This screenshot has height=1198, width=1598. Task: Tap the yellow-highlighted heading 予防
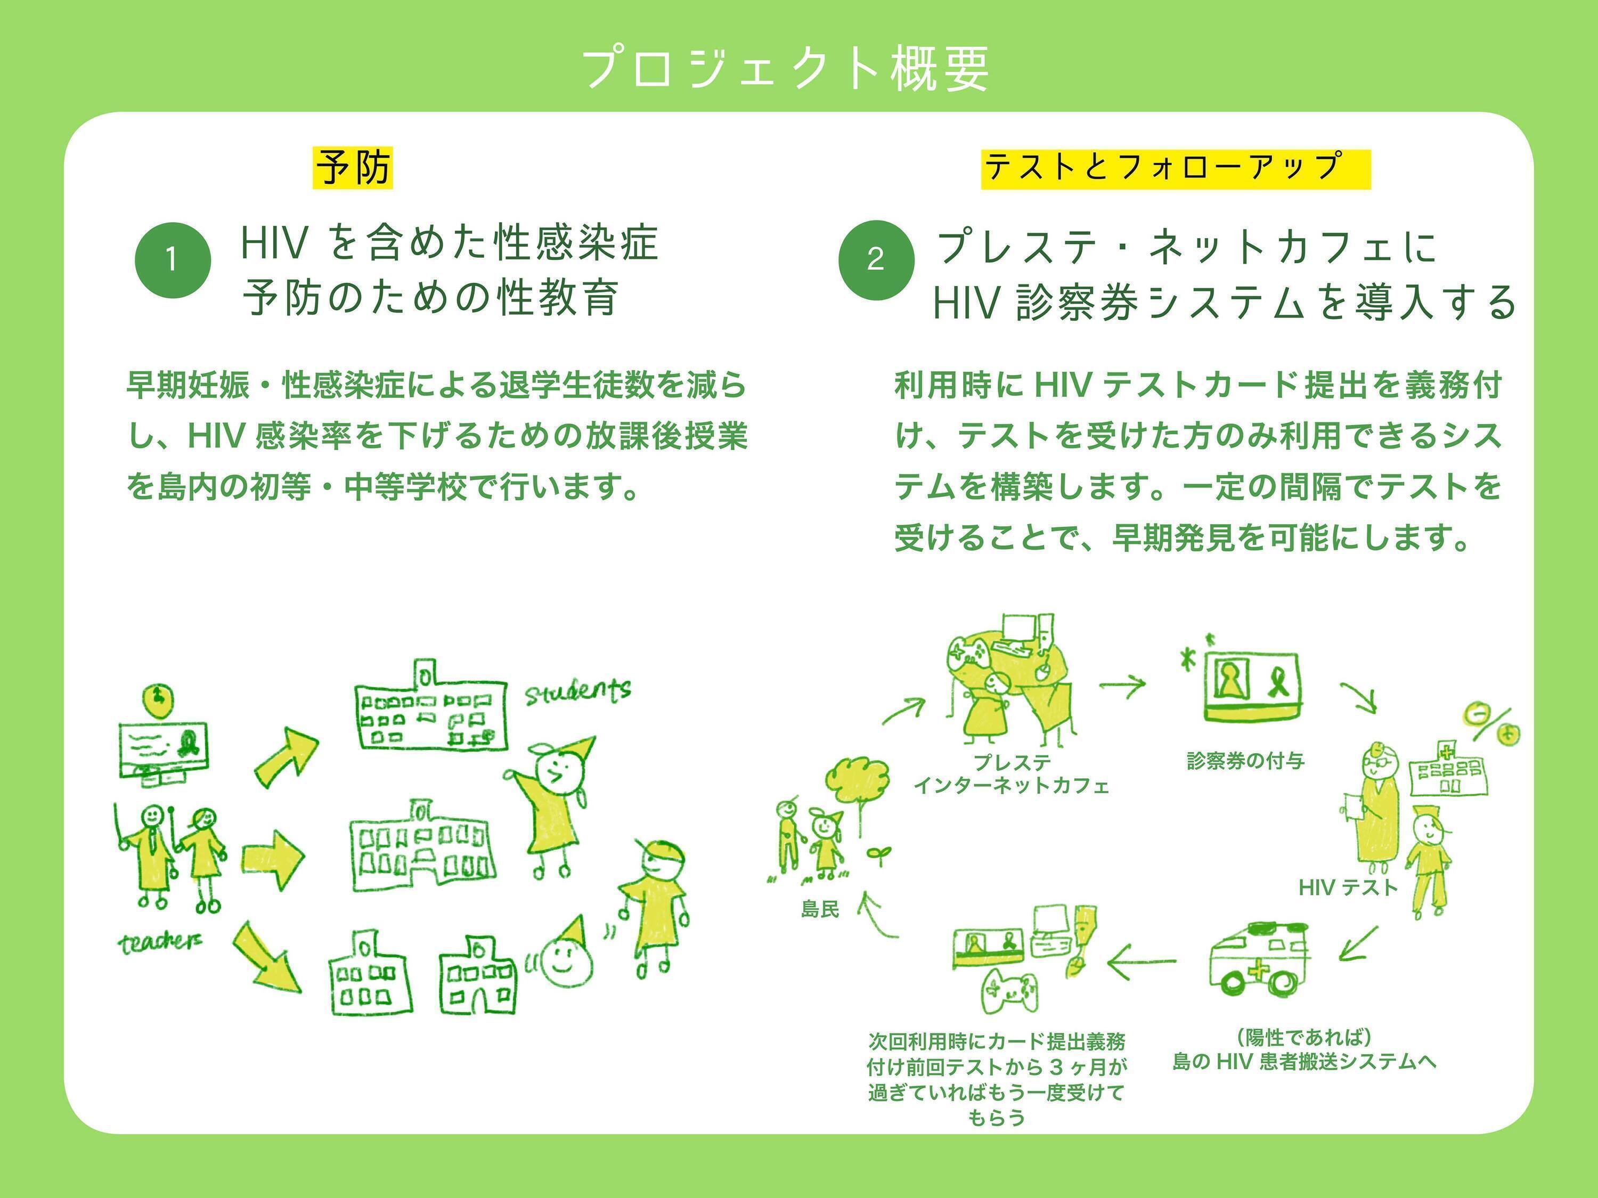point(353,168)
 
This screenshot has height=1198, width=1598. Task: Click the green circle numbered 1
point(173,259)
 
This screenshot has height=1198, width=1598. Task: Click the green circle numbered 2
point(876,259)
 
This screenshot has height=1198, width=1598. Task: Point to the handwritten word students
point(577,691)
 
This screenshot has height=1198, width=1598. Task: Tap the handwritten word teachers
point(160,941)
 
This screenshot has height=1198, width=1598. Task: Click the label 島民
point(820,908)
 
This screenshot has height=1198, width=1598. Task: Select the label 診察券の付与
point(1245,760)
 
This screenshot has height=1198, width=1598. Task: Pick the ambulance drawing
point(1261,959)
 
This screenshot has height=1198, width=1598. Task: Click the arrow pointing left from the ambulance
point(1142,961)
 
